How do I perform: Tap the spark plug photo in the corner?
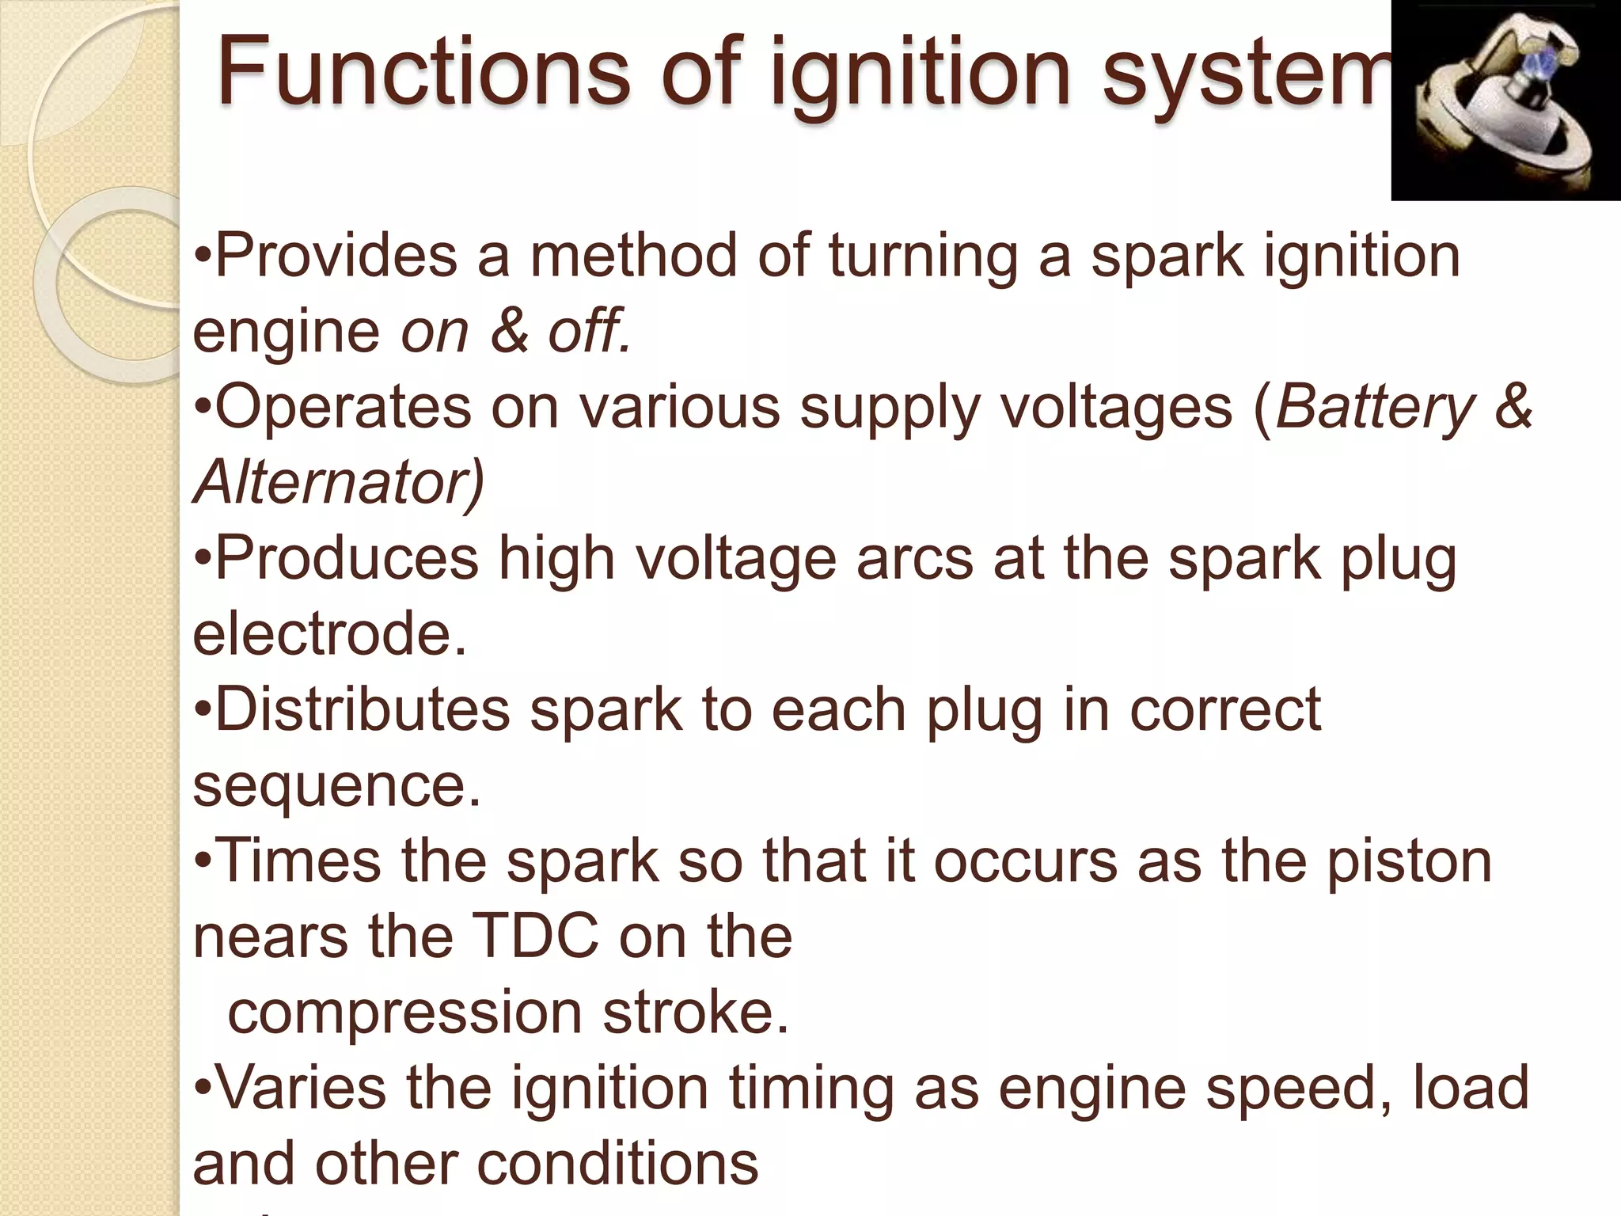pos(1505,101)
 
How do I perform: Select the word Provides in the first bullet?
pos(336,256)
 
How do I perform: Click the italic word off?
pos(590,331)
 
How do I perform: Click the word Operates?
pos(343,407)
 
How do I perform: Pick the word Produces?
pos(347,559)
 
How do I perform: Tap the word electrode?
pos(329,634)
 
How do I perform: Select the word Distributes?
pos(363,709)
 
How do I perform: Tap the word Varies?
pos(301,1088)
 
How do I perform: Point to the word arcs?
pos(914,559)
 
